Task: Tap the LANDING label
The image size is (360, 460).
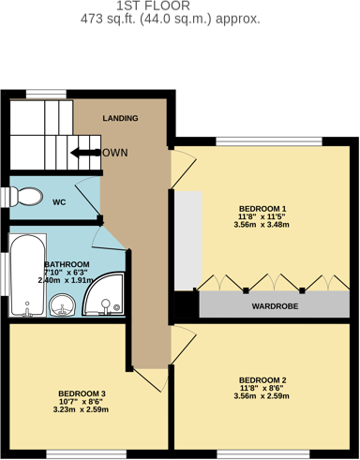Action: point(121,118)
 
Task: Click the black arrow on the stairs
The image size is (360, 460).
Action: point(85,153)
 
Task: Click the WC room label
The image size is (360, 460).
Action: point(58,201)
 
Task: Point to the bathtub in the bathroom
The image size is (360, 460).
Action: point(21,276)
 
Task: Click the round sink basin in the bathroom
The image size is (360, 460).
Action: point(63,304)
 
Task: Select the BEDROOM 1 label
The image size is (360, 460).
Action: point(262,208)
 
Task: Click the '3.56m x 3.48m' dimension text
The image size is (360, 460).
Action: point(262,226)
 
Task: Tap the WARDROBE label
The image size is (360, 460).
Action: point(276,306)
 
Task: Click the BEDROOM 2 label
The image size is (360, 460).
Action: point(262,379)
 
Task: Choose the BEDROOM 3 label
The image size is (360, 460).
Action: point(82,393)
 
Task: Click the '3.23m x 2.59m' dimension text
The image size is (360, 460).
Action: point(82,409)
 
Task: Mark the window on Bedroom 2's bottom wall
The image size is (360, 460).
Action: point(266,454)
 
